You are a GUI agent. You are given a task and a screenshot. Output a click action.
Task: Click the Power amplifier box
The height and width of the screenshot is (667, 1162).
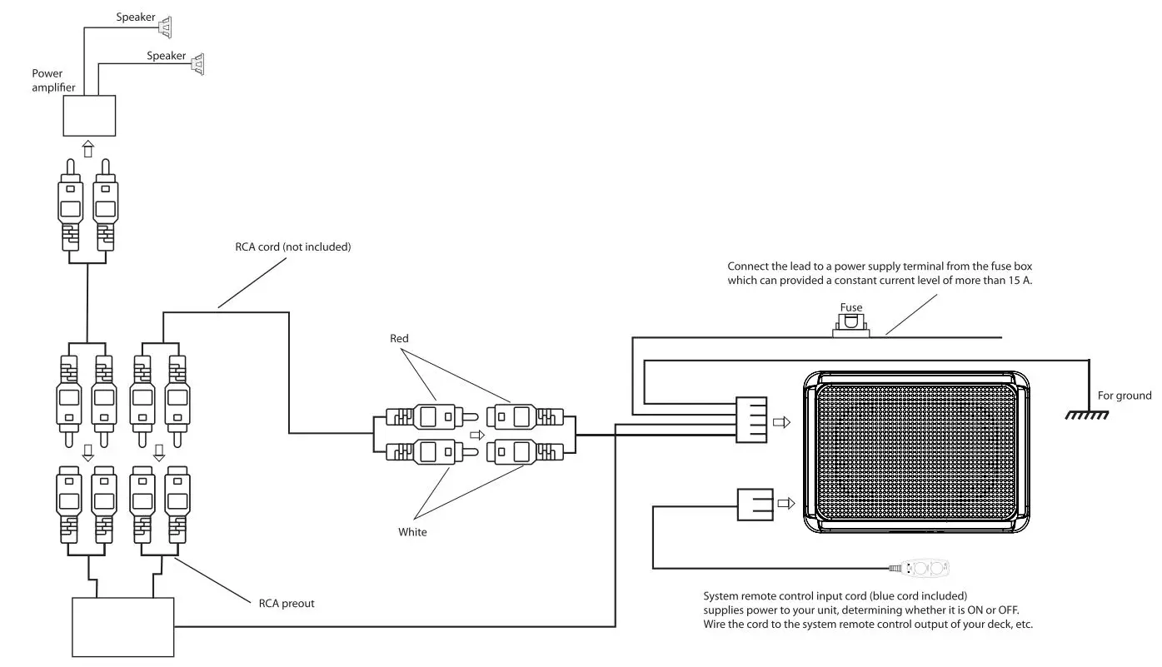[90, 116]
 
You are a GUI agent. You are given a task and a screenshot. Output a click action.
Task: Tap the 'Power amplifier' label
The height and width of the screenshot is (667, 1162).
[53, 80]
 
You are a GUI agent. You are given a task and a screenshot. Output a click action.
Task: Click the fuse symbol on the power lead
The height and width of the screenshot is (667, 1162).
[850, 326]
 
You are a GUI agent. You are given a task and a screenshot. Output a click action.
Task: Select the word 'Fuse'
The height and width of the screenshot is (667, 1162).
[850, 307]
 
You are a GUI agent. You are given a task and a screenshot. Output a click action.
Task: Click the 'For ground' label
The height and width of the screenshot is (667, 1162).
[1124, 396]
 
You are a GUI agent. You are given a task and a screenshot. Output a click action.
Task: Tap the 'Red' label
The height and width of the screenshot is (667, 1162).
[400, 339]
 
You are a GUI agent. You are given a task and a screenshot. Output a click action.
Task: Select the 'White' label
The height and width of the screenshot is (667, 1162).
[412, 531]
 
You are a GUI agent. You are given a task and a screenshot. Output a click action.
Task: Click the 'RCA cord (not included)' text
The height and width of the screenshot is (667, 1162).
[293, 246]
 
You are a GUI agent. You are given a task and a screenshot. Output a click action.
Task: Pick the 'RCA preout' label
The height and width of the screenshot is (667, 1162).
[287, 603]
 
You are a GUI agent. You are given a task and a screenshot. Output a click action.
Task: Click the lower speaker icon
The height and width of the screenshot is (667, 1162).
[197, 63]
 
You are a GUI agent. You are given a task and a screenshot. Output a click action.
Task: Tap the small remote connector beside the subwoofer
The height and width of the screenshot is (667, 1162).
[754, 504]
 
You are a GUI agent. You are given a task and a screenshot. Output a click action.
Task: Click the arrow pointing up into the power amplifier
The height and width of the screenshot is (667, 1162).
[87, 148]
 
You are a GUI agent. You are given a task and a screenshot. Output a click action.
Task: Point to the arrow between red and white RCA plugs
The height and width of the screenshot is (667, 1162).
[476, 435]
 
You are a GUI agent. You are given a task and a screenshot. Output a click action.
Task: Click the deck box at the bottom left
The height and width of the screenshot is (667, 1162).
[123, 626]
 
